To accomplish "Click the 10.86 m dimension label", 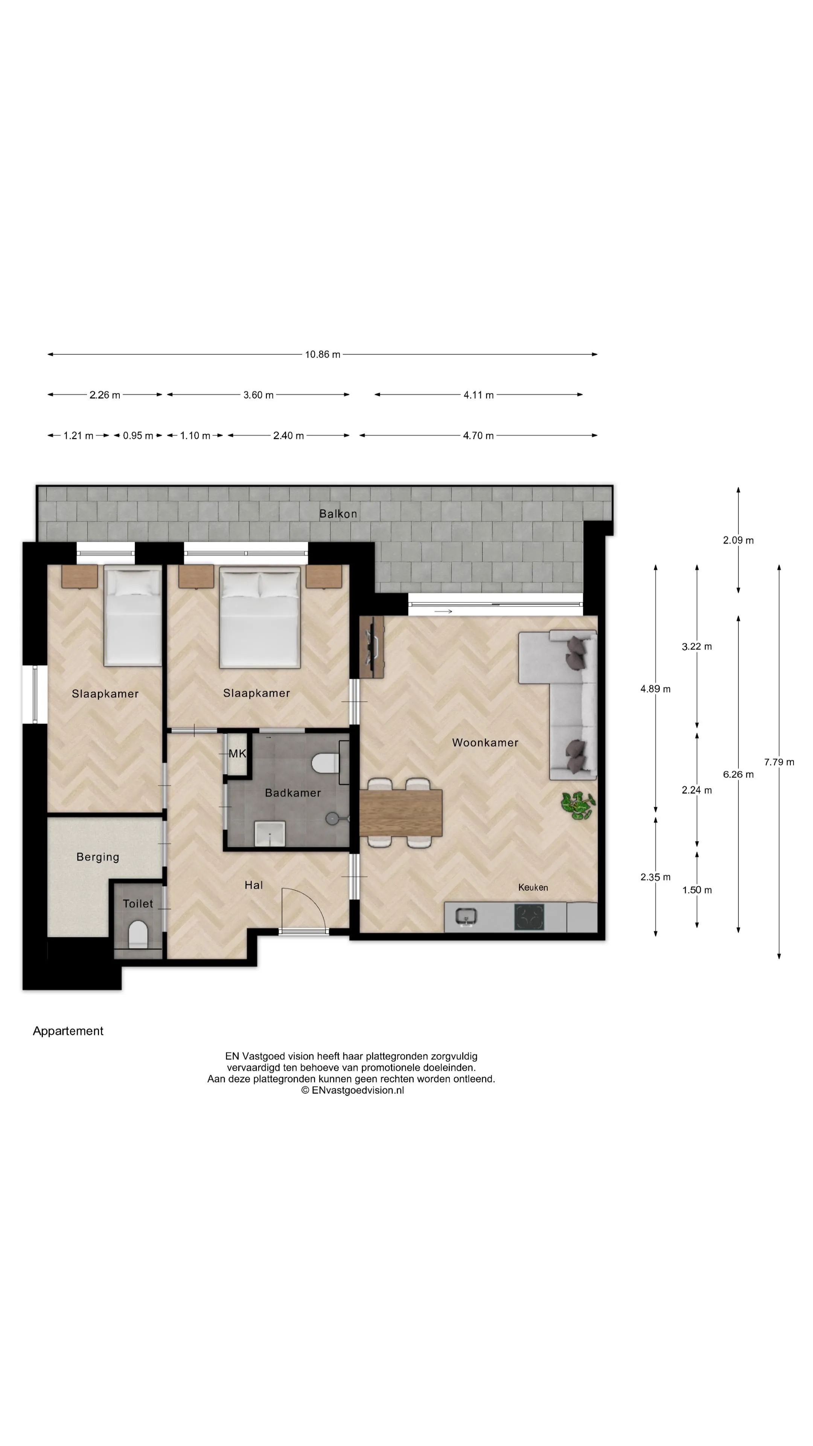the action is click(x=323, y=354).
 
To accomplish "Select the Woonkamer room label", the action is click(x=485, y=742).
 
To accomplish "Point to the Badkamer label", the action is click(x=293, y=793).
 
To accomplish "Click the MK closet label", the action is click(x=238, y=753).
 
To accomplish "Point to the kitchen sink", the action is click(x=466, y=917).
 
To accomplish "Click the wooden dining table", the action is click(x=400, y=813).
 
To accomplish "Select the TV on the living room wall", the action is click(x=371, y=646).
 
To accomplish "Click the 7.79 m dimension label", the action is click(x=779, y=762).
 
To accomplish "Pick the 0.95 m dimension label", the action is click(x=138, y=436).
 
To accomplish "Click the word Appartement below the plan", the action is click(x=68, y=1031).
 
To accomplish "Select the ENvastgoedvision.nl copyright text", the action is click(x=352, y=1090).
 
